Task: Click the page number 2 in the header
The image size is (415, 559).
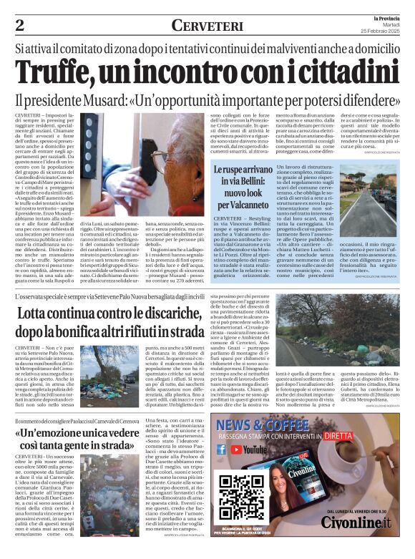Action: [19, 25]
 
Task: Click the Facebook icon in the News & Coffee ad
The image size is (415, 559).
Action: [221, 450]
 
